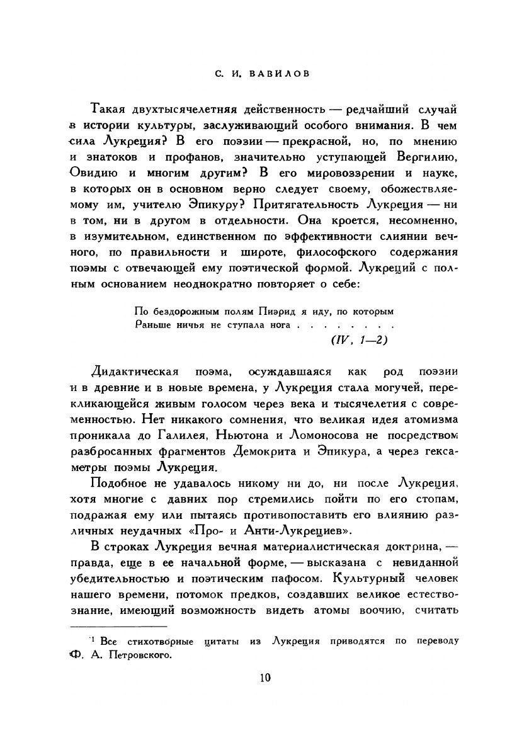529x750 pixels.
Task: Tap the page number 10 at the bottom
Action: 264,678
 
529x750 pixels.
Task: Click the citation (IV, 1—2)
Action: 358,340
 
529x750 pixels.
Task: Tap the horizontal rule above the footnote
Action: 118,627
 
